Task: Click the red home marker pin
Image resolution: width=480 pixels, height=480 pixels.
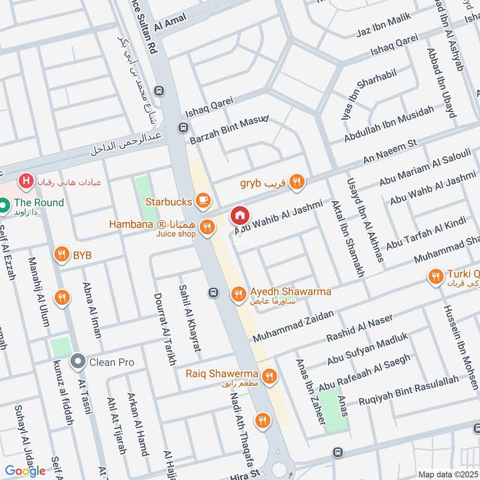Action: (239, 214)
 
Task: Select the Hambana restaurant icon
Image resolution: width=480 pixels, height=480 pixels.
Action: (207, 226)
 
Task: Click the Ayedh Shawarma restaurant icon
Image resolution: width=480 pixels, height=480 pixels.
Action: (238, 293)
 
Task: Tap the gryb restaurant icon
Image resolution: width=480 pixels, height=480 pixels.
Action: (296, 182)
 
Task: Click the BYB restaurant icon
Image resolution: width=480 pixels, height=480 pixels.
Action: (61, 254)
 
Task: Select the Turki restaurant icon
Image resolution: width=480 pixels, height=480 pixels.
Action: (436, 276)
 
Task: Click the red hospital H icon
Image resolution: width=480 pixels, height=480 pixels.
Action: (25, 180)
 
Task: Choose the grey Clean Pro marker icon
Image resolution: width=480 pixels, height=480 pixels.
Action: (77, 362)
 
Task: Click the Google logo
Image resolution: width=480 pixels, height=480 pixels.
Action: (26, 471)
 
